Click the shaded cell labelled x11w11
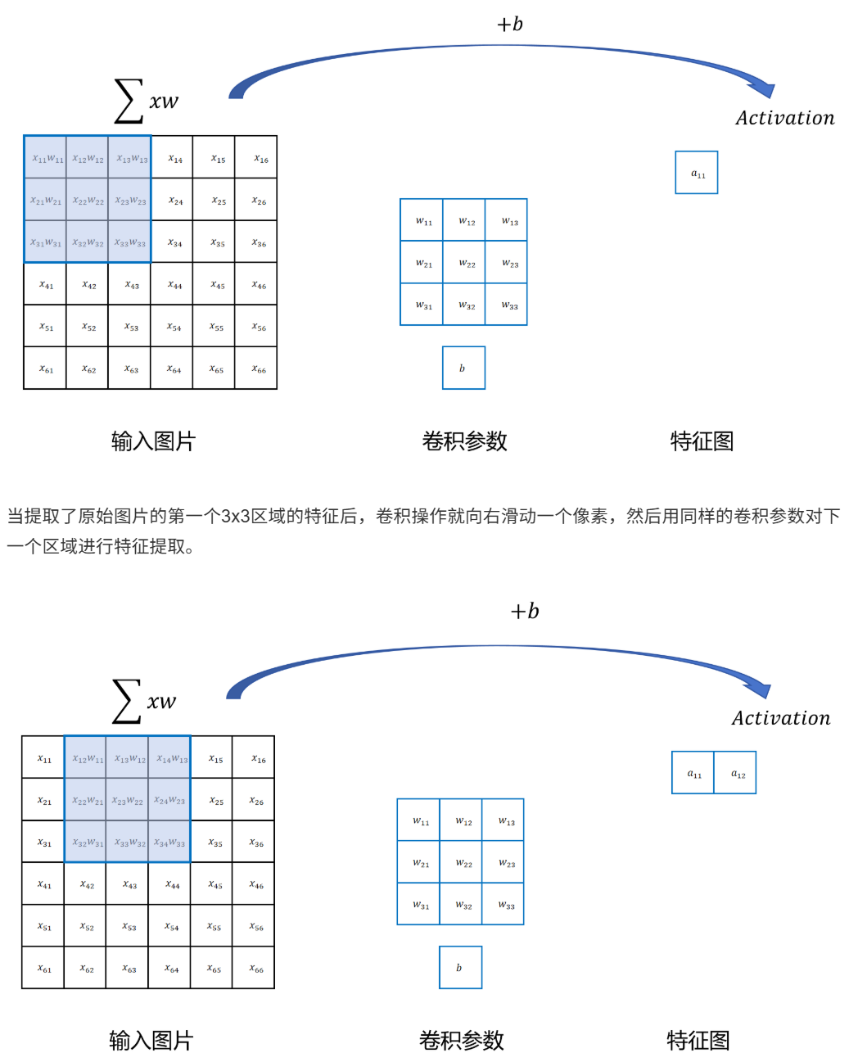pyautogui.click(x=46, y=157)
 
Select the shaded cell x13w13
pyautogui.click(x=131, y=157)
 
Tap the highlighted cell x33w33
pyautogui.click(x=131, y=242)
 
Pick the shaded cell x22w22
pyautogui.click(x=88, y=200)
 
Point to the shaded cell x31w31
pyautogui.click(x=46, y=242)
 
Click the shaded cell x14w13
pyautogui.click(x=171, y=758)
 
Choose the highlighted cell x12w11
pyautogui.click(x=87, y=758)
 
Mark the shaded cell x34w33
pyautogui.click(x=171, y=842)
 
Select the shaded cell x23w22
pyautogui.click(x=129, y=800)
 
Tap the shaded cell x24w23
pyautogui.click(x=171, y=800)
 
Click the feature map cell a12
pyautogui.click(x=736, y=773)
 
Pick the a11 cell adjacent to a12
pyautogui.click(x=693, y=773)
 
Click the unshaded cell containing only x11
pyautogui.click(x=44, y=758)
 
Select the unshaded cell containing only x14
pyautogui.click(x=174, y=157)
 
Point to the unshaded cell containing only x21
pyautogui.click(x=44, y=800)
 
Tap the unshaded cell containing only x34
pyautogui.click(x=174, y=242)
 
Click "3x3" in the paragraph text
pyautogui.click(x=236, y=516)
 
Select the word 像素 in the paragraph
pyautogui.click(x=590, y=516)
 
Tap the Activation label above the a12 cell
pyautogui.click(x=780, y=718)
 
